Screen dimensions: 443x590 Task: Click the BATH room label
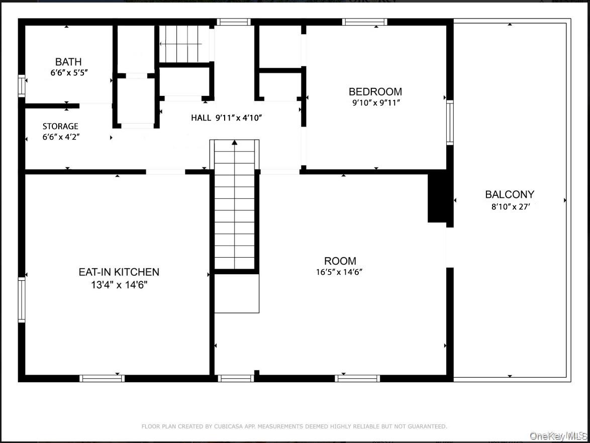pyautogui.click(x=68, y=62)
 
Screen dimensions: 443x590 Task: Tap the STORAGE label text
pyautogui.click(x=60, y=126)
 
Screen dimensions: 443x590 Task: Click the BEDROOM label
pyautogui.click(x=375, y=91)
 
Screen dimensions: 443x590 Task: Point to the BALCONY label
pyautogui.click(x=510, y=194)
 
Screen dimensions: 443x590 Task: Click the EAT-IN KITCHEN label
pyautogui.click(x=119, y=272)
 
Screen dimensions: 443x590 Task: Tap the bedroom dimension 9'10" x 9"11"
pyautogui.click(x=375, y=103)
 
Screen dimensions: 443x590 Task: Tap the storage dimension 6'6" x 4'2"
pyautogui.click(x=60, y=137)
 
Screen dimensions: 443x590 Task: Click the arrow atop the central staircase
pyautogui.click(x=234, y=143)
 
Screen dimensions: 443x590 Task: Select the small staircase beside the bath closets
pyautogui.click(x=184, y=44)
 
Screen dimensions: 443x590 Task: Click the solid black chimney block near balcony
pyautogui.click(x=437, y=196)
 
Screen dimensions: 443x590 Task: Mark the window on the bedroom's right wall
pyautogui.click(x=450, y=123)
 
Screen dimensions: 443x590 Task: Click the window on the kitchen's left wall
pyautogui.click(x=22, y=300)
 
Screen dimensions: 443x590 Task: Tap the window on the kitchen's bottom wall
pyautogui.click(x=102, y=378)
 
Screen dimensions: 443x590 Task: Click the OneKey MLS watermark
pyautogui.click(x=558, y=435)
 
